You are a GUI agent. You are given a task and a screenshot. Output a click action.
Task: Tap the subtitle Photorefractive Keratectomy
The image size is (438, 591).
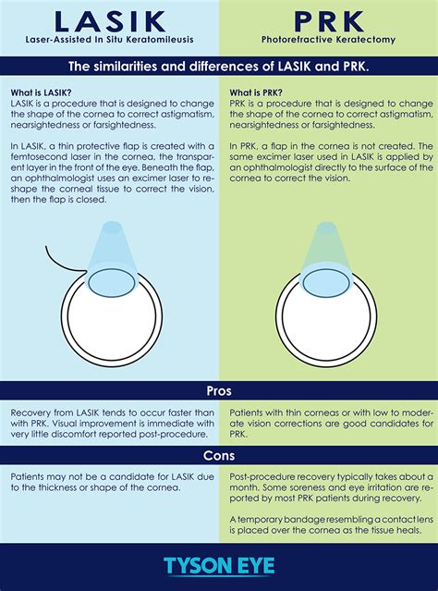pyautogui.click(x=328, y=41)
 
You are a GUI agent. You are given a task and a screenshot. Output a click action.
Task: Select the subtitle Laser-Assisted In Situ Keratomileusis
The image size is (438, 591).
pyautogui.click(x=109, y=41)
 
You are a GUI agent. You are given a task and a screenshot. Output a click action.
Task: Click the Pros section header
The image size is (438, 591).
pyautogui.click(x=219, y=389)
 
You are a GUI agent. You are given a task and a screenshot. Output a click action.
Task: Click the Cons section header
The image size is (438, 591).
pyautogui.click(x=219, y=455)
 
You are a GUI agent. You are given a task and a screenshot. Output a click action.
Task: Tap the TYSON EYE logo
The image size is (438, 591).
pyautogui.click(x=219, y=566)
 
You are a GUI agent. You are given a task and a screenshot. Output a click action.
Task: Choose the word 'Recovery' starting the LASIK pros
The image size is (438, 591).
pyautogui.click(x=30, y=410)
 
